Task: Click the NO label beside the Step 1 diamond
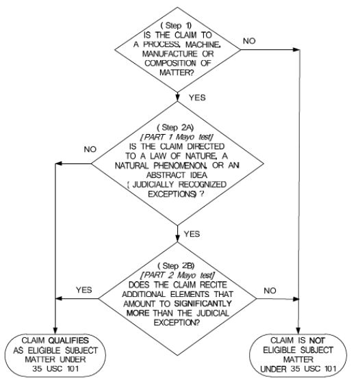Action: click(249, 41)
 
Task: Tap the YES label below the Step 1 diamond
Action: click(197, 98)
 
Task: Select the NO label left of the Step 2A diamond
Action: click(90, 149)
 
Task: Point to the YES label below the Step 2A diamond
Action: click(192, 234)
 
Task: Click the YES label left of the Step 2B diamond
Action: click(83, 290)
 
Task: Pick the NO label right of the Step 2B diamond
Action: click(270, 291)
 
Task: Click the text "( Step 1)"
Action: click(176, 25)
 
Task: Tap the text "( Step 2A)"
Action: click(175, 127)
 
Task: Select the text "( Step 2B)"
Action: click(176, 266)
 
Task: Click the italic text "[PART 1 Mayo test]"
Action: click(177, 137)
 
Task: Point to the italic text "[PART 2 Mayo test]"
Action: click(178, 275)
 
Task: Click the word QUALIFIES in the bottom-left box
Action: click(68, 341)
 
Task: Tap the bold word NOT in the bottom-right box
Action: click(317, 341)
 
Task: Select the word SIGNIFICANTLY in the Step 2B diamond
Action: click(203, 304)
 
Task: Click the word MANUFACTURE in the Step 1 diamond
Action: click(170, 54)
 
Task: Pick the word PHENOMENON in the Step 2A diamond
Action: click(180, 166)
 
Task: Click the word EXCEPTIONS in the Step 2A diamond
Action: click(172, 194)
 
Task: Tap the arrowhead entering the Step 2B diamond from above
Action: click(178, 238)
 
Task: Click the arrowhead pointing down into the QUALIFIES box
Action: click(55, 330)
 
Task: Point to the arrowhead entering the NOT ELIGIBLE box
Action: click(298, 330)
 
